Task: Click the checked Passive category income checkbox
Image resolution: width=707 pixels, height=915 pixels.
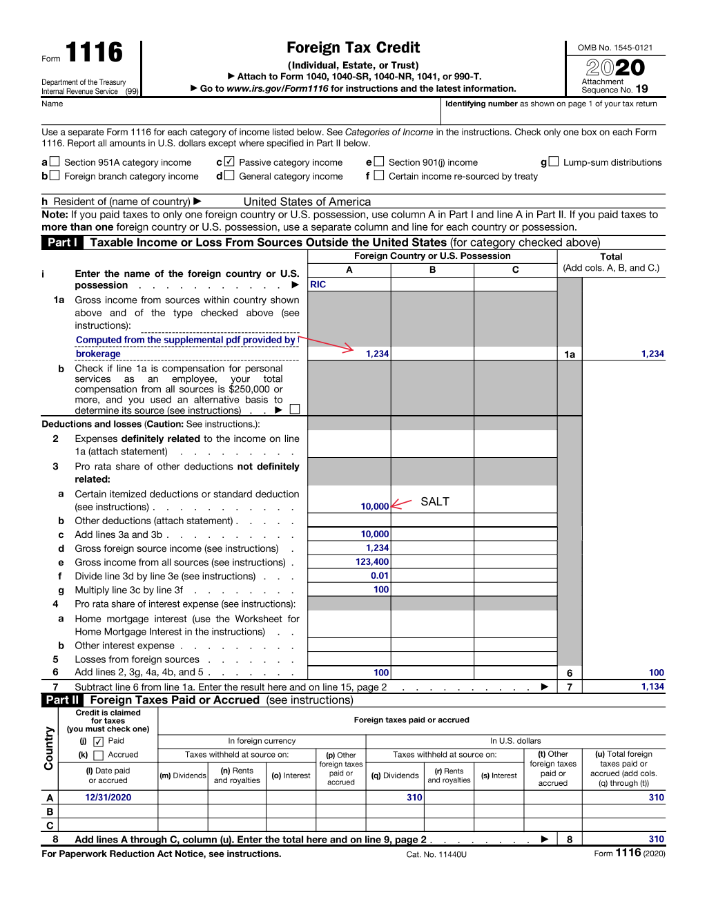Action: click(229, 162)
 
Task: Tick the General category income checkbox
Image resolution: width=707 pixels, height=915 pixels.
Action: click(229, 175)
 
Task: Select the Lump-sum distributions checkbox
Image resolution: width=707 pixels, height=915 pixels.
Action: click(553, 162)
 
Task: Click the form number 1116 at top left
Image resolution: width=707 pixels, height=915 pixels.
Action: click(94, 52)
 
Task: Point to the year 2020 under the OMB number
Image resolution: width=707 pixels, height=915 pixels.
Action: click(615, 68)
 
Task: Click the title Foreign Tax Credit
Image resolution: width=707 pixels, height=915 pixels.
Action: click(353, 48)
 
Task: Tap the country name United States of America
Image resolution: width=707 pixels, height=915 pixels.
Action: click(307, 202)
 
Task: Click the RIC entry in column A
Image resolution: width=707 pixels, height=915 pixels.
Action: click(318, 285)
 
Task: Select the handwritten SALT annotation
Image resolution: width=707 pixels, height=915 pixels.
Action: click(435, 501)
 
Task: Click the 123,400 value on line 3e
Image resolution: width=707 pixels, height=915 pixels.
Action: click(372, 562)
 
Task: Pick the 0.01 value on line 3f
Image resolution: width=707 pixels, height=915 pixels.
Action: click(380, 576)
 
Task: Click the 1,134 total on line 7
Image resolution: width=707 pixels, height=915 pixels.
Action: click(652, 686)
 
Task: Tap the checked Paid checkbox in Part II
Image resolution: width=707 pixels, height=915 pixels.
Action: click(98, 742)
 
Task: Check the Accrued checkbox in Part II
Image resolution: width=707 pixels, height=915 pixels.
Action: click(98, 755)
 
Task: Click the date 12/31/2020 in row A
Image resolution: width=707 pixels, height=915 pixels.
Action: click(108, 798)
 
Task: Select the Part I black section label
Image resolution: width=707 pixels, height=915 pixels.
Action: click(62, 242)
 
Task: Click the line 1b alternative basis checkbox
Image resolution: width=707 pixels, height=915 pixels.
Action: click(295, 410)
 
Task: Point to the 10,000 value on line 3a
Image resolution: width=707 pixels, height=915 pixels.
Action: click(374, 507)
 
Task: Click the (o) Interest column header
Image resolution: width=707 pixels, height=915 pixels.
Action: click(291, 776)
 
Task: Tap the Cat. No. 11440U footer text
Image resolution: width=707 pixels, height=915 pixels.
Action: click(436, 854)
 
